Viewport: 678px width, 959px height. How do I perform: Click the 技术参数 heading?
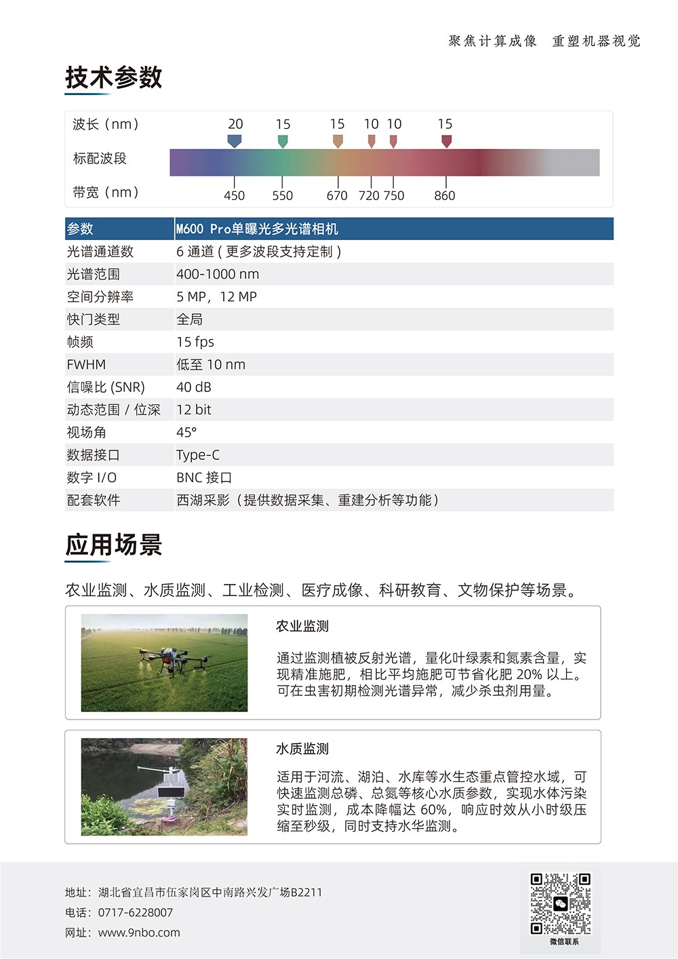tap(113, 77)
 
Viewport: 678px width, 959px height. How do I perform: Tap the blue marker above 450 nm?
tap(234, 140)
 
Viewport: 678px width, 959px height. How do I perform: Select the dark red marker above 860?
tap(446, 140)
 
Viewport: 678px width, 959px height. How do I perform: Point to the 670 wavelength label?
tap(337, 196)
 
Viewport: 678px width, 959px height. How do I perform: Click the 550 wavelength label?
tap(282, 196)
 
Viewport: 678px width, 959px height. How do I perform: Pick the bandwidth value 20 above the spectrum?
tap(235, 124)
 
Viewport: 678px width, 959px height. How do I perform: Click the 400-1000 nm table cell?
tap(218, 274)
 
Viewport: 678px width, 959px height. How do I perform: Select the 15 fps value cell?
tap(195, 342)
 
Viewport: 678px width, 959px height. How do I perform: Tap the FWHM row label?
tap(86, 364)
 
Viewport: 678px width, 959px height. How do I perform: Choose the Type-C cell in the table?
tap(198, 455)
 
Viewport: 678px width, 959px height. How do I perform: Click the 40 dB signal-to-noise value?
tap(194, 387)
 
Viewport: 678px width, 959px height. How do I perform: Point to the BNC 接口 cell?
tap(204, 477)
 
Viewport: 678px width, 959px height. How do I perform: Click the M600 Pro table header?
tap(257, 229)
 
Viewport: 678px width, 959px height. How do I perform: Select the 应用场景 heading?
tap(113, 545)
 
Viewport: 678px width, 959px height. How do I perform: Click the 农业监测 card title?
tap(302, 626)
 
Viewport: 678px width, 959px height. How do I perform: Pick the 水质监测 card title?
tap(302, 749)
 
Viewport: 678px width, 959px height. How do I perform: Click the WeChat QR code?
tap(560, 903)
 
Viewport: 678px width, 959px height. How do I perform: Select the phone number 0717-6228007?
tap(136, 913)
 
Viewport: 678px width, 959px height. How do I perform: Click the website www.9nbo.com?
tap(139, 933)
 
